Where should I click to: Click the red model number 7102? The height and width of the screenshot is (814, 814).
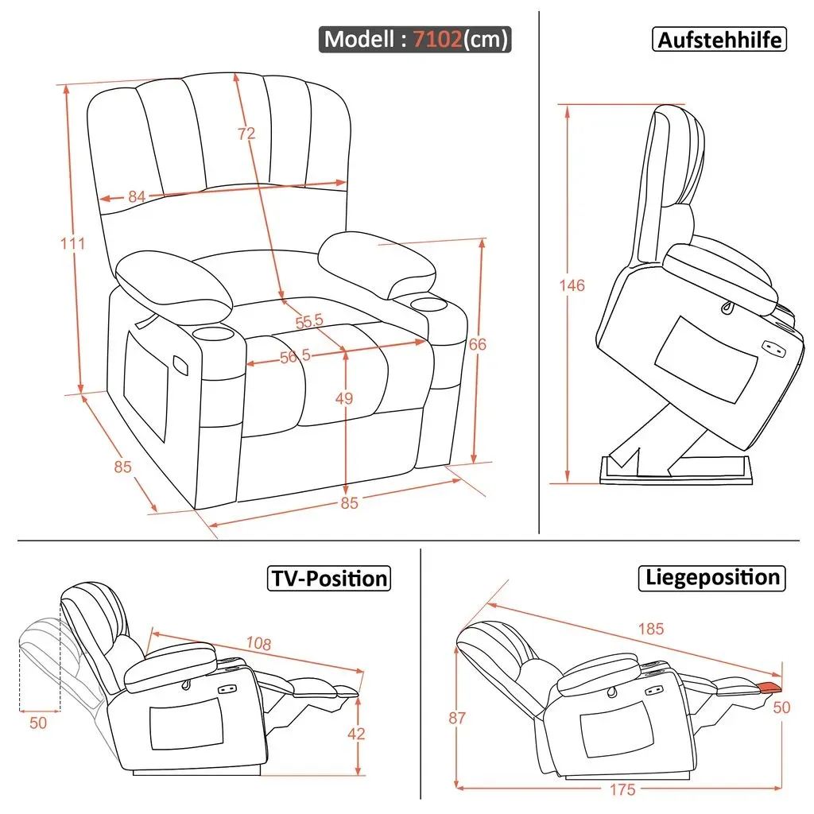[437, 39]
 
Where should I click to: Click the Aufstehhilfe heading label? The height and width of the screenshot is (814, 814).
[719, 40]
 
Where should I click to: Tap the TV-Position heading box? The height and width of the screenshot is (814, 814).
[329, 579]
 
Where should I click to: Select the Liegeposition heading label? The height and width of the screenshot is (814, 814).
[711, 578]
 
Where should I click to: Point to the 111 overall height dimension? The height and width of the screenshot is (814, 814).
[72, 243]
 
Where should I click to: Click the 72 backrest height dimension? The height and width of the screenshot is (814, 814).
[246, 134]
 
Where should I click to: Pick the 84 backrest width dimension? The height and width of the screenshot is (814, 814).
[137, 197]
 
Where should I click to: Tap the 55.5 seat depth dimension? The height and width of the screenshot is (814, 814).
[309, 321]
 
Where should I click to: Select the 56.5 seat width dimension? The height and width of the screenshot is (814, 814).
[295, 357]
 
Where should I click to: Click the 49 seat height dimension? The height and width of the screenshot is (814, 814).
[343, 398]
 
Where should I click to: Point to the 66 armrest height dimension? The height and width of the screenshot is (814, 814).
[478, 344]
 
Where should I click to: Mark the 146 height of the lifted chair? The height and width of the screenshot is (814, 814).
[572, 285]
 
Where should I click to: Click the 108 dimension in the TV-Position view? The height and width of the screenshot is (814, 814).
[258, 644]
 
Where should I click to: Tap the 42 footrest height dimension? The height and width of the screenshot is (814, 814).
[356, 734]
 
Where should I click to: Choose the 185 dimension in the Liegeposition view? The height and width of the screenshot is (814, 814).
[651, 629]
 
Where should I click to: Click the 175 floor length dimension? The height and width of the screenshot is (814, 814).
[622, 789]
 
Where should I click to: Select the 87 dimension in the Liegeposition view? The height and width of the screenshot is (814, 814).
[457, 718]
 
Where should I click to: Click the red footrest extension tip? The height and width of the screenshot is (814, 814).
[769, 687]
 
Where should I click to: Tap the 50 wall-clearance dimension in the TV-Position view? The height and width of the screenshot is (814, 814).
[38, 723]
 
